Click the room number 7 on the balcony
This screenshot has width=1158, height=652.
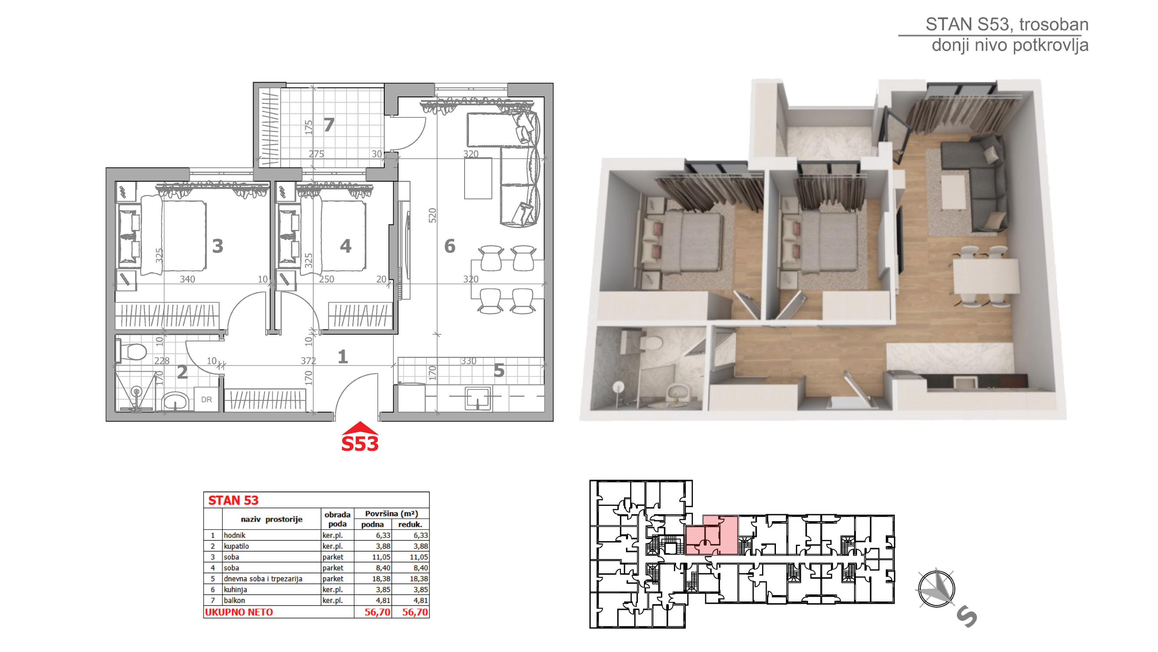click(x=329, y=125)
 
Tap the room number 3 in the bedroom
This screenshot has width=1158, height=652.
click(x=218, y=246)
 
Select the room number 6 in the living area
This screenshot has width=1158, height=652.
click(x=449, y=246)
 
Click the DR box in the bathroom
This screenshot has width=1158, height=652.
click(x=206, y=399)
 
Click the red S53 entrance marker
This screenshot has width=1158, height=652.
click(x=360, y=437)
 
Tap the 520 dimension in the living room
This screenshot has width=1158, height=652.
click(x=432, y=215)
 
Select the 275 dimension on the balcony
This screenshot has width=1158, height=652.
click(x=316, y=154)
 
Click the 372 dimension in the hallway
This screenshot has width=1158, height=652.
click(x=308, y=361)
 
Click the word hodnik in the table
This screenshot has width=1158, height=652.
click(x=234, y=535)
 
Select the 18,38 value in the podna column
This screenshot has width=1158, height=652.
click(x=381, y=579)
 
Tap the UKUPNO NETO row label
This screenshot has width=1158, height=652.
click(x=239, y=612)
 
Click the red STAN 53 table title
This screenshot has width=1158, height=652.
click(x=233, y=500)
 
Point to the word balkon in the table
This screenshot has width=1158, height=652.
click(x=234, y=600)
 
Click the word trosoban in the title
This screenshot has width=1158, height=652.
click(x=1054, y=24)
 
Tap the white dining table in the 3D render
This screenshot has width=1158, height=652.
click(x=985, y=277)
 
